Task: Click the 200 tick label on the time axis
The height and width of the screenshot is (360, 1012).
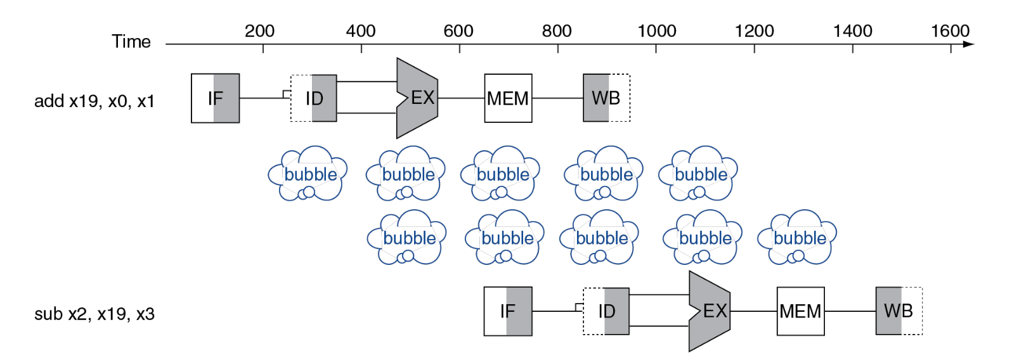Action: [259, 31]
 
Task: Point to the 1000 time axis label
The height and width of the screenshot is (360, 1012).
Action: [656, 31]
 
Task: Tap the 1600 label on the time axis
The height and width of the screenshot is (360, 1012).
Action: [950, 31]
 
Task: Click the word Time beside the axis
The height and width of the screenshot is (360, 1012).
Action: [131, 42]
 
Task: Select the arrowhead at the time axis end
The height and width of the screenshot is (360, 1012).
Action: [969, 44]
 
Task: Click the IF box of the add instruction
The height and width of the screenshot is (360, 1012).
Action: [216, 98]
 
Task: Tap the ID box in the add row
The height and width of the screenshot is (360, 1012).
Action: [313, 98]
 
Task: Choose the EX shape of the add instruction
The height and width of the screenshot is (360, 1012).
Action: [417, 98]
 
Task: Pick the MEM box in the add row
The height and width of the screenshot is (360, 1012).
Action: [509, 98]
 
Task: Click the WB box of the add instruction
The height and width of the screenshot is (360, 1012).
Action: [606, 98]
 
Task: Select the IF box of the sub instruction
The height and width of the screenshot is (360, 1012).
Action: [508, 311]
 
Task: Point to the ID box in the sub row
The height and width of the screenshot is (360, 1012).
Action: [606, 311]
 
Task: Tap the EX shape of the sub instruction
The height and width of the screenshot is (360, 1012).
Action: [710, 311]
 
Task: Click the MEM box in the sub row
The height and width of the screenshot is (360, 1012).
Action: [801, 311]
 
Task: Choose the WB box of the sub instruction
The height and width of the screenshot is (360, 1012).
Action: [899, 311]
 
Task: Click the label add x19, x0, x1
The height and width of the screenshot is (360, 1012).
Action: [94, 101]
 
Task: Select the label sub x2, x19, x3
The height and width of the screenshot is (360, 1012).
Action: [94, 314]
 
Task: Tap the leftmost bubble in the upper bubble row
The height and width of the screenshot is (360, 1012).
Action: [308, 174]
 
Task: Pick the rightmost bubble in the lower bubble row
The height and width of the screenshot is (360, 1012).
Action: [797, 237]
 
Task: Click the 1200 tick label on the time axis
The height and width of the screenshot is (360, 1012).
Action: [754, 31]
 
